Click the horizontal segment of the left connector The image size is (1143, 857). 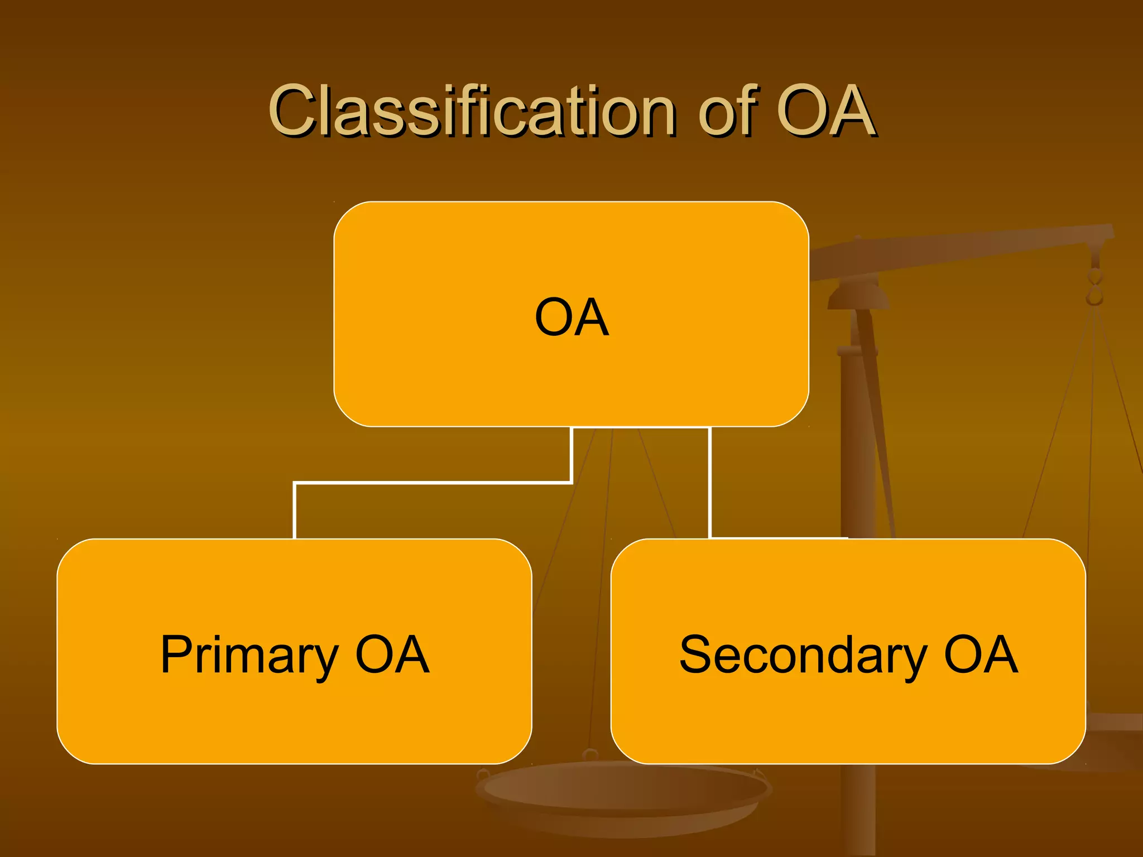click(x=433, y=482)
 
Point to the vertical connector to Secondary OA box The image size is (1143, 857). click(x=709, y=483)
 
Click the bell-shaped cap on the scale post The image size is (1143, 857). click(x=858, y=296)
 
